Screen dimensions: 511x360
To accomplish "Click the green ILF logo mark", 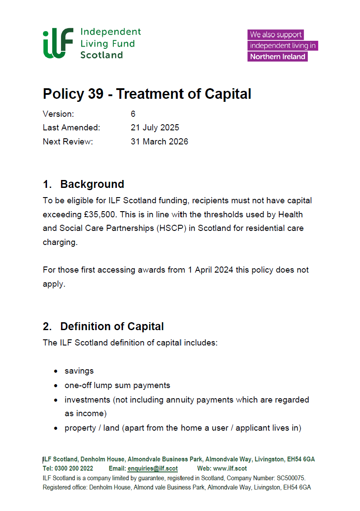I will [58, 44].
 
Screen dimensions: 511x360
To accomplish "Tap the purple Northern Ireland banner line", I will [277, 57].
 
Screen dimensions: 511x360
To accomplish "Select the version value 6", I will [133, 114].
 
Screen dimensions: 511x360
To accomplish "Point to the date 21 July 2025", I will [155, 128].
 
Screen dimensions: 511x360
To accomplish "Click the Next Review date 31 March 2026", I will [159, 142].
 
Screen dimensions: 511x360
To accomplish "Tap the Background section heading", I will [92, 184].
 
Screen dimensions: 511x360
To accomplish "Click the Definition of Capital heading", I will [112, 327].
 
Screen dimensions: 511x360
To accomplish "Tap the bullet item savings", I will [79, 371].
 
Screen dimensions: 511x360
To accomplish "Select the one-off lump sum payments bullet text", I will [117, 385].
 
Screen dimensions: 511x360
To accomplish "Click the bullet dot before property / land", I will [55, 428].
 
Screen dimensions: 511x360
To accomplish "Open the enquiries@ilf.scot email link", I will [153, 468].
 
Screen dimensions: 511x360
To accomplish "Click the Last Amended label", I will [72, 128].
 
